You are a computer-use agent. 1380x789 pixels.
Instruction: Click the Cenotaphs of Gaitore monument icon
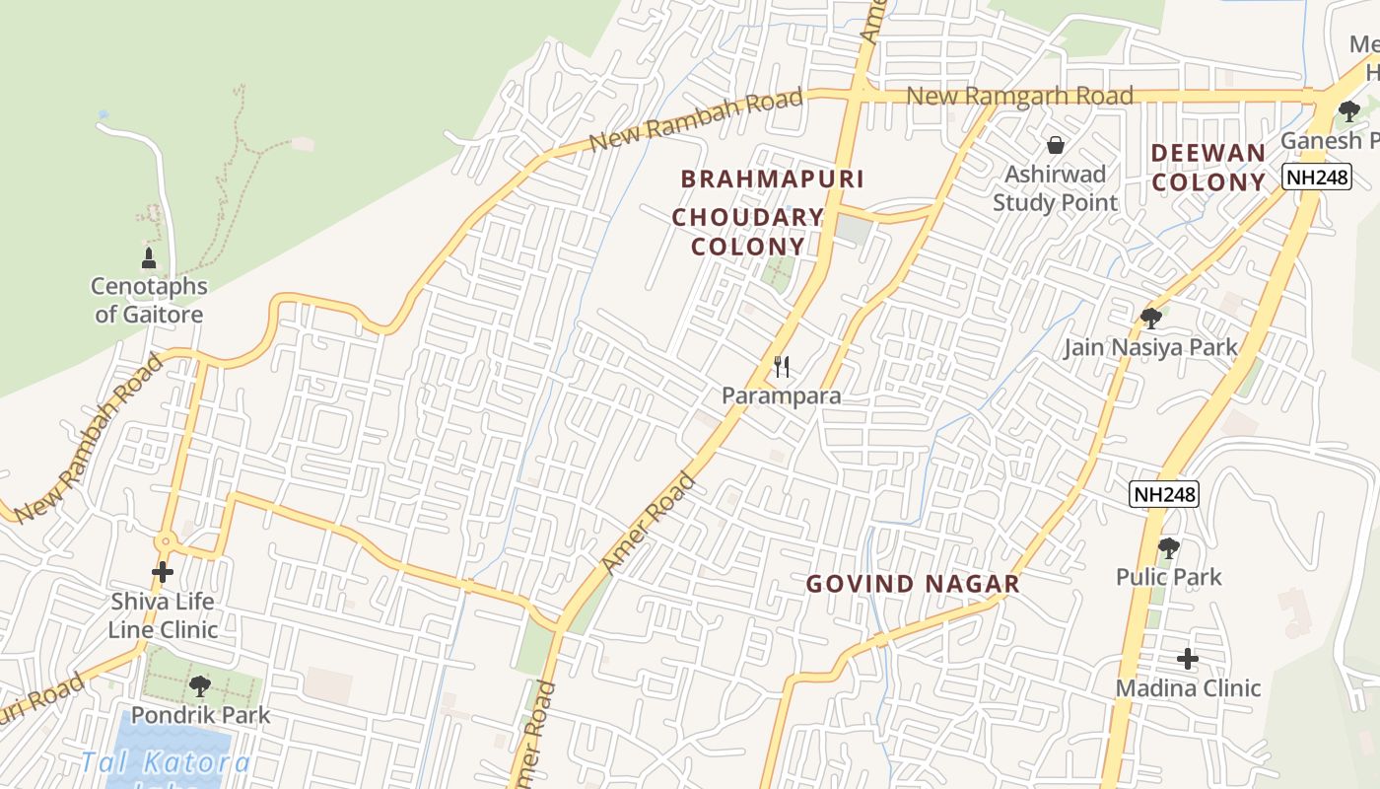[x=149, y=258]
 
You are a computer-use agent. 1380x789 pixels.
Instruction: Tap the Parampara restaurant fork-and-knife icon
[x=782, y=367]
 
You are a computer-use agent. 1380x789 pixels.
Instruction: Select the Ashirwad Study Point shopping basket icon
[x=1056, y=145]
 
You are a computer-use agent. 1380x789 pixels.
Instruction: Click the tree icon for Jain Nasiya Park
[x=1150, y=318]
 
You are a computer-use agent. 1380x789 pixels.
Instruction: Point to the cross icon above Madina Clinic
[x=1188, y=658]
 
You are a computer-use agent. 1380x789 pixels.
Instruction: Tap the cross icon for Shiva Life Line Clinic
[x=163, y=571]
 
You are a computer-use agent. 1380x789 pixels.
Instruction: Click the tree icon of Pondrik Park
[x=200, y=684]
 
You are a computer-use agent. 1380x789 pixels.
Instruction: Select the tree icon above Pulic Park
[x=1168, y=547]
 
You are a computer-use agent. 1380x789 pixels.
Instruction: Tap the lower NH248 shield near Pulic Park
[x=1164, y=494]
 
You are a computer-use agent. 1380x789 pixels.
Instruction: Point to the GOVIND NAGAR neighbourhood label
[x=913, y=584]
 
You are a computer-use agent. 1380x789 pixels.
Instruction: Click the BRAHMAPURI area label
[x=773, y=179]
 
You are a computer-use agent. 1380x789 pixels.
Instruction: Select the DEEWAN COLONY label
[x=1208, y=168]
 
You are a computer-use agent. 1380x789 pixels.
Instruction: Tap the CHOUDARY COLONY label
[x=748, y=232]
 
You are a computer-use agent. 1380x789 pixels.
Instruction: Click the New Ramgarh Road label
[x=1019, y=97]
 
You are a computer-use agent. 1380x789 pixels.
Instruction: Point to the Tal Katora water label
[x=166, y=762]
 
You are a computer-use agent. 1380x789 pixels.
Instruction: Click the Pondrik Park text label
[x=200, y=715]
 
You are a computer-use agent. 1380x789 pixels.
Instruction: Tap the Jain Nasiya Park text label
[x=1150, y=347]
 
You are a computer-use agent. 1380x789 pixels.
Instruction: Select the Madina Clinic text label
[x=1188, y=688]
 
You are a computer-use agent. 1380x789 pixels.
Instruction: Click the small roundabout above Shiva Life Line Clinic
[x=164, y=540]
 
